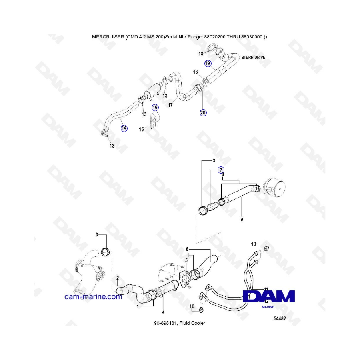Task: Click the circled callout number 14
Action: [x=124, y=128]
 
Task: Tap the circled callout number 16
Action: [x=155, y=107]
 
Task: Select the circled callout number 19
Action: [x=208, y=63]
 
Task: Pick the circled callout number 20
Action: [x=203, y=113]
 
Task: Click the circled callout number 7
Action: [x=221, y=170]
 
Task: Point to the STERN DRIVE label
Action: [x=253, y=57]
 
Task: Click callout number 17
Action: [x=170, y=106]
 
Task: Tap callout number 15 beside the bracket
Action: [x=141, y=129]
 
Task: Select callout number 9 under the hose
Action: [x=241, y=219]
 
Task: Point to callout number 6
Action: [x=187, y=248]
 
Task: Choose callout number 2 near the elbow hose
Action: [x=118, y=278]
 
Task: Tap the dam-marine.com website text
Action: [x=93, y=296]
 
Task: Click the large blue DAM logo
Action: [x=269, y=296]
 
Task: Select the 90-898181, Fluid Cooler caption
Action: [x=180, y=323]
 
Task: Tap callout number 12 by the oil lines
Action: [x=267, y=301]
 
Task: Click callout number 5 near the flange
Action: [x=186, y=260]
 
